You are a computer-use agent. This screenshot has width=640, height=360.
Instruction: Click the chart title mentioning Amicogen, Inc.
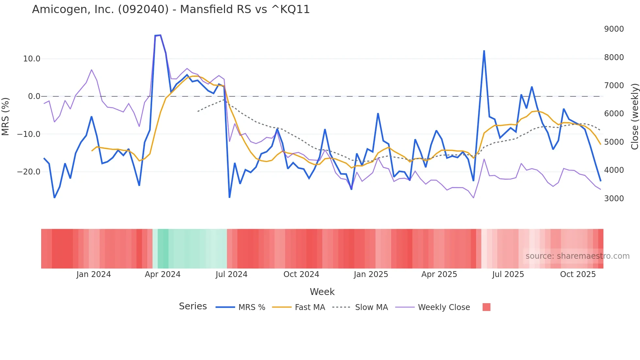point(171,9)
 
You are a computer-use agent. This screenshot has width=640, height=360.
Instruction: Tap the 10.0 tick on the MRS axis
point(31,59)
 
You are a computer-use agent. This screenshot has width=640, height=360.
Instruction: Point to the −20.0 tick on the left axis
point(29,172)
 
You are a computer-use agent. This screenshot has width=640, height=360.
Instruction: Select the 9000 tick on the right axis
point(614,29)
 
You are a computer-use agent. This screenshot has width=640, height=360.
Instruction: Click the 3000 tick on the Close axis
point(614,199)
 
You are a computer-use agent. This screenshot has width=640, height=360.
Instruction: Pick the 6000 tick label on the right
point(614,114)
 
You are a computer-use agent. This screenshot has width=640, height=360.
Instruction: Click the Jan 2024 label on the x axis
point(93,274)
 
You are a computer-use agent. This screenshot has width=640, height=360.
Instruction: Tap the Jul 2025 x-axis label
point(508,274)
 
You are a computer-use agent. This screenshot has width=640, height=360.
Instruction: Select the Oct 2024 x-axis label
point(301,274)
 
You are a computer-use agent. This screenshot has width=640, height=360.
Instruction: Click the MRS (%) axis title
point(6,116)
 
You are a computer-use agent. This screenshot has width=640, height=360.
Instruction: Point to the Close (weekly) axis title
point(634,116)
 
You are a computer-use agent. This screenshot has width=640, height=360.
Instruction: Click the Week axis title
point(322,292)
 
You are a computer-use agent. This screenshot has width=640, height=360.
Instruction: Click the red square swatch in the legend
point(486,307)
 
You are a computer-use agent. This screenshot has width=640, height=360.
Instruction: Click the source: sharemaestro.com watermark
point(577,256)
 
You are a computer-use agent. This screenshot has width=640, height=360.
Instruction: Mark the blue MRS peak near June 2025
point(484,51)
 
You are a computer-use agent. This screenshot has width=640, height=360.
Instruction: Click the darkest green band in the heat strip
point(163,249)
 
